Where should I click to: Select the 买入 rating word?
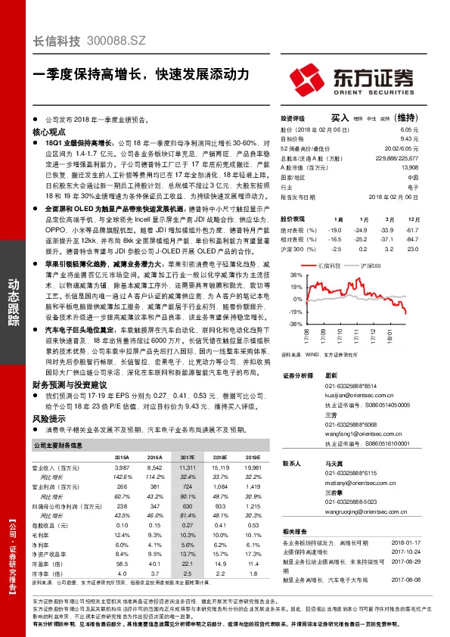click(x=340, y=118)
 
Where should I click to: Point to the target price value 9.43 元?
click(x=430, y=139)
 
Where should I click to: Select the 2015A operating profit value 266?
click(x=122, y=487)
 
